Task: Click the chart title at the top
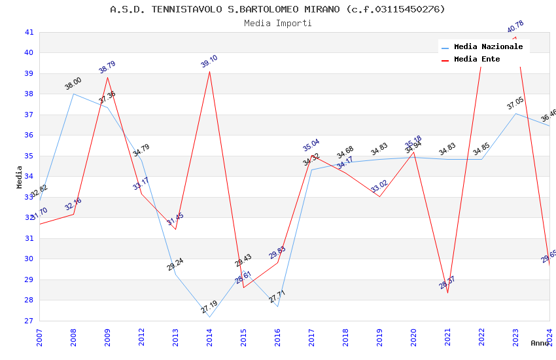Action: (x=277, y=9)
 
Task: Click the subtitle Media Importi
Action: (x=277, y=23)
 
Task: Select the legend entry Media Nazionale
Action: (x=488, y=46)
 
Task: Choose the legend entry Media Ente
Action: (x=477, y=59)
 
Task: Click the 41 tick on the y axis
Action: (x=29, y=32)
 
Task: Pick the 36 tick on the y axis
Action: (x=29, y=135)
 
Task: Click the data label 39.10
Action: (x=209, y=62)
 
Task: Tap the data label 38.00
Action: (x=73, y=84)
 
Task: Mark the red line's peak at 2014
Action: (x=209, y=71)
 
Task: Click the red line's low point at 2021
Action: (x=447, y=293)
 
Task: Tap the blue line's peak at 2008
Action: (x=73, y=94)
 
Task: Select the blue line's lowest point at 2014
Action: (x=209, y=317)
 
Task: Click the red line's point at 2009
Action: (x=107, y=77)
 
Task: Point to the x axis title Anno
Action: (x=540, y=343)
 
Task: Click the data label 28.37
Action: (x=447, y=283)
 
